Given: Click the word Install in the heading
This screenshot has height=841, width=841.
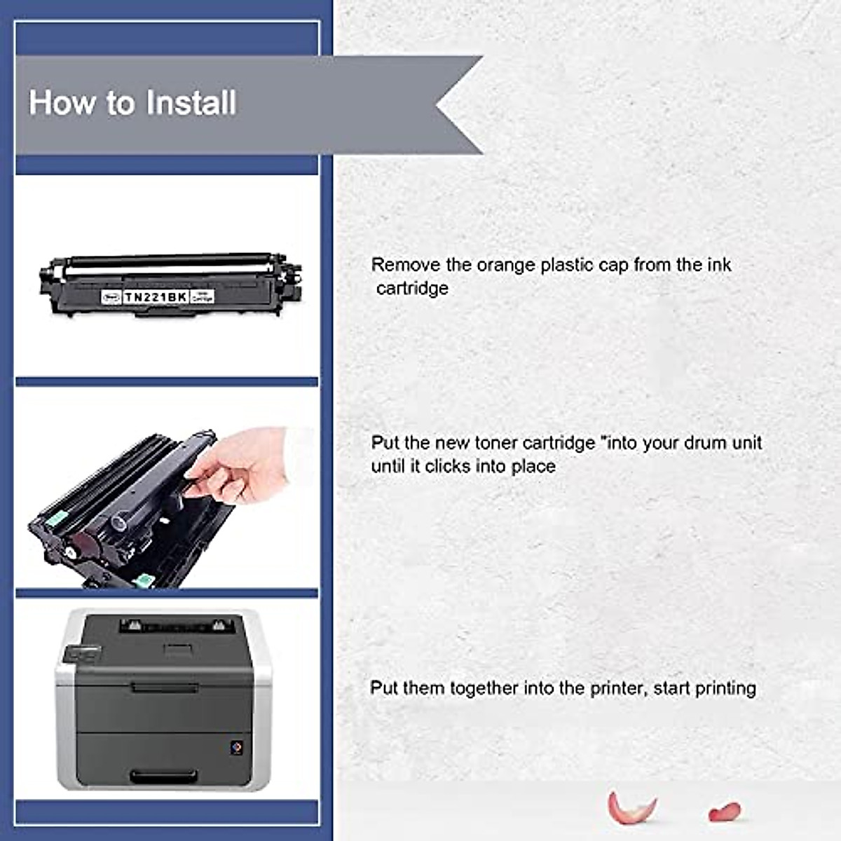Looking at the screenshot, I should (x=191, y=102).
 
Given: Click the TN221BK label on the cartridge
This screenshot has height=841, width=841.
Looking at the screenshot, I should (x=156, y=297).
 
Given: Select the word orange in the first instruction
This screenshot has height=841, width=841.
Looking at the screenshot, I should (x=505, y=265).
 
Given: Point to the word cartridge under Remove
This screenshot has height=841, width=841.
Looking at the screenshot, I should (x=412, y=288).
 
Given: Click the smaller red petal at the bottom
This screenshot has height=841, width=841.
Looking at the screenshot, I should (x=724, y=812).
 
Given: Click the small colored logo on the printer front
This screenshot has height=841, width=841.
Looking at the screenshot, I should (x=236, y=748).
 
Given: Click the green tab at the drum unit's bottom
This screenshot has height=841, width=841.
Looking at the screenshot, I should (x=143, y=580).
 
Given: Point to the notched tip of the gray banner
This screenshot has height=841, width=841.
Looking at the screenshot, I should (x=439, y=105).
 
